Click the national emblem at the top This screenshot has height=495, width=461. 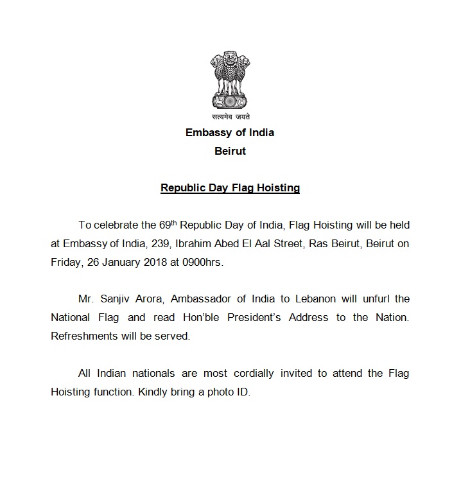pyautogui.click(x=230, y=82)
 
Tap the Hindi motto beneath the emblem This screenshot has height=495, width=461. pyautogui.click(x=230, y=117)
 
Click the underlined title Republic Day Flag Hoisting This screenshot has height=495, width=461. pyautogui.click(x=230, y=188)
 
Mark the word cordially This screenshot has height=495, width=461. pyautogui.click(x=244, y=373)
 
